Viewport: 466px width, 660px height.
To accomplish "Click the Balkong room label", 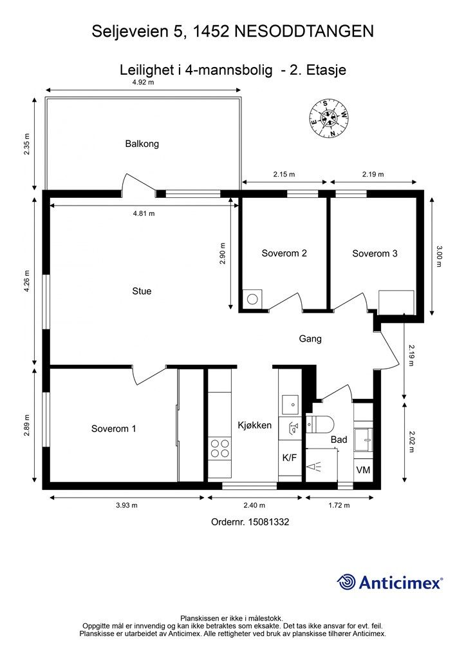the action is coord(142,144).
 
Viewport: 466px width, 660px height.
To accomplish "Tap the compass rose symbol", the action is coord(329,119).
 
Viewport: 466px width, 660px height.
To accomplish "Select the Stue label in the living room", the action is coord(142,291).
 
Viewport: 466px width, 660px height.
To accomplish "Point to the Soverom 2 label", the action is coord(284,253).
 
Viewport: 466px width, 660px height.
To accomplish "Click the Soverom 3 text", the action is coord(375,253).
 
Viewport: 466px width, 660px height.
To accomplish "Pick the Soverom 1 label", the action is coord(113,429).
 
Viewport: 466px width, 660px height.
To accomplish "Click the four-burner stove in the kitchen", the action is coord(220,448).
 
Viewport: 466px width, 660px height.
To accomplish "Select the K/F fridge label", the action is coord(290,458).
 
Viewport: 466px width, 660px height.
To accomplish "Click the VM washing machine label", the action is coord(363,469).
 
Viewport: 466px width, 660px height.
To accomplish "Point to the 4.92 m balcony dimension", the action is coord(143,82).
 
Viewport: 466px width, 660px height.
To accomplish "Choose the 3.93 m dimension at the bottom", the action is coord(127,505).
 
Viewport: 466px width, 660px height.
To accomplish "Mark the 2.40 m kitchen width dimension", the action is coord(254,505).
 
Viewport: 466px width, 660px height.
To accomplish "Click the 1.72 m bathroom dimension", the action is coord(339,505).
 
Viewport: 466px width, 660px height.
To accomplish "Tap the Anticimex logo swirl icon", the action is coord(346,582).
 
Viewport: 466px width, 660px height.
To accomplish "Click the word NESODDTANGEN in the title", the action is coord(303,32).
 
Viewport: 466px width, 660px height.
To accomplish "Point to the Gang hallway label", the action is coord(310,338).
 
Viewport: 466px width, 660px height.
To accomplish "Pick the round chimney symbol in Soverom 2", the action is coord(252,299).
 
